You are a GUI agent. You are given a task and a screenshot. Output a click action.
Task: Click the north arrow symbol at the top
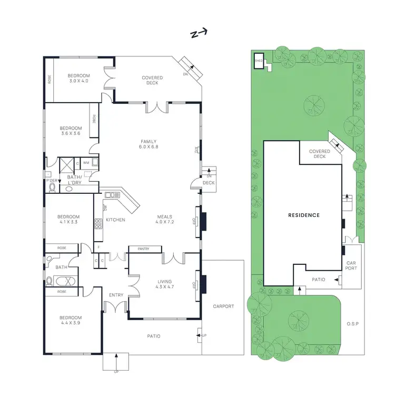(x=198, y=34)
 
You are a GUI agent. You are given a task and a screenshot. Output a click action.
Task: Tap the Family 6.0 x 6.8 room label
(x=149, y=144)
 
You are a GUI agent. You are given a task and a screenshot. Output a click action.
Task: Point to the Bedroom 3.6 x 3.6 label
(x=70, y=131)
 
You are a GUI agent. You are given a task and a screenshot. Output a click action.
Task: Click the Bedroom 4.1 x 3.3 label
(x=69, y=219)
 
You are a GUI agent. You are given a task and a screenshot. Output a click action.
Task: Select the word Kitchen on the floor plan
(x=115, y=219)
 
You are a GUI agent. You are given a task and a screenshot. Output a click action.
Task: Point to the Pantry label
(x=142, y=249)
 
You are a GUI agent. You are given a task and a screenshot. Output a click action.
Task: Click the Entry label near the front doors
(x=116, y=295)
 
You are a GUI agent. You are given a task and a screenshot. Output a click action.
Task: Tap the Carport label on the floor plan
(x=223, y=306)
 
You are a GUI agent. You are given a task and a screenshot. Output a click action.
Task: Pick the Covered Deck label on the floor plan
(x=152, y=80)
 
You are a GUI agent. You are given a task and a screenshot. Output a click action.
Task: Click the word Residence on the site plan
(x=304, y=215)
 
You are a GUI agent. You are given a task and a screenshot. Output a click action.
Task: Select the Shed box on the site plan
(x=259, y=61)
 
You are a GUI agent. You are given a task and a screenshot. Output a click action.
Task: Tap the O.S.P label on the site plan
(x=352, y=323)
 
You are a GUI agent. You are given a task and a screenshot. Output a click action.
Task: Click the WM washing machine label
(x=86, y=163)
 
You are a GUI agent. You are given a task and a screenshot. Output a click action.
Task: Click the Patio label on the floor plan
(x=153, y=336)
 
